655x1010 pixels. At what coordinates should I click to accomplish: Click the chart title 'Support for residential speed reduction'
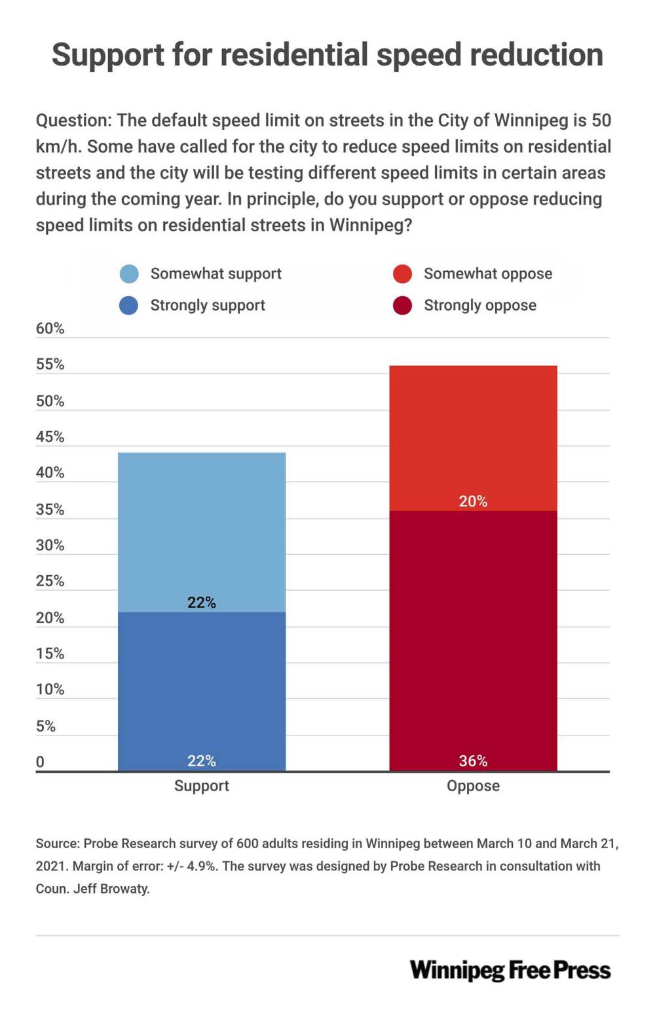(327, 55)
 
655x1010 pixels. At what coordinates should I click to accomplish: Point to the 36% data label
(473, 760)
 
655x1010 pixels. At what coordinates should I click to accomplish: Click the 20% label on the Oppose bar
(473, 501)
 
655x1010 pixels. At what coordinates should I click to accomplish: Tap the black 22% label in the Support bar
(202, 602)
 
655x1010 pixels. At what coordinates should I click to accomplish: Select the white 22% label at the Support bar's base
(202, 760)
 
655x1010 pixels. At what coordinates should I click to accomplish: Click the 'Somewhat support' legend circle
(129, 274)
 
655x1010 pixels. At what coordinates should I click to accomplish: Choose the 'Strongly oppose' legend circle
(402, 305)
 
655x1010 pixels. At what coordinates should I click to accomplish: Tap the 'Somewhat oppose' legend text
(488, 274)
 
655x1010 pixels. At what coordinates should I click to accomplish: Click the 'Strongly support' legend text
(208, 305)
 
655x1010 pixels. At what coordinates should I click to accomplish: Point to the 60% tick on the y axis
(50, 329)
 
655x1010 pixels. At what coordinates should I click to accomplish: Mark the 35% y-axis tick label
(50, 509)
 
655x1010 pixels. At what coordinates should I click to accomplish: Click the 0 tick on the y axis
(40, 762)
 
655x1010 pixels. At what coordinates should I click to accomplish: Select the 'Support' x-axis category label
(202, 786)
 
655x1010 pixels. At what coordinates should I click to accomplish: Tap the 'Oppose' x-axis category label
(473, 786)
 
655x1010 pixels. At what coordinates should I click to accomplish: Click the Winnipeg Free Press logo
(510, 970)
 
